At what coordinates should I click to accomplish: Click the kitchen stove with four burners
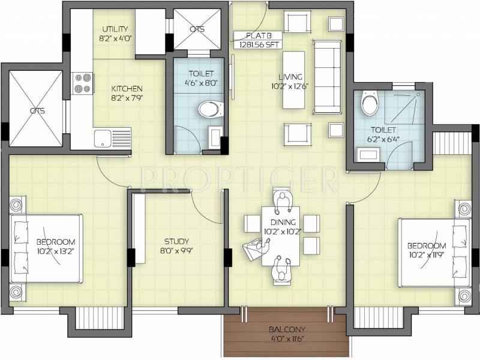[82, 83]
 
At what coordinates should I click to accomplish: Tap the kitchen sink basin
[103, 139]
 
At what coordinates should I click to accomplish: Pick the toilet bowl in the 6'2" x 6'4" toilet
[370, 103]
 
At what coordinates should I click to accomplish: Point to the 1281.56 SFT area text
[257, 44]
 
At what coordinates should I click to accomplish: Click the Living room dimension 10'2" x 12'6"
[290, 86]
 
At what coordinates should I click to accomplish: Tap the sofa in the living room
[327, 77]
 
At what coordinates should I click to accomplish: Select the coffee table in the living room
[293, 80]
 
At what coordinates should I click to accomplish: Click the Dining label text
[283, 222]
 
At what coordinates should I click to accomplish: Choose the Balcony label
[287, 329]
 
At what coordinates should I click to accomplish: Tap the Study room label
[176, 241]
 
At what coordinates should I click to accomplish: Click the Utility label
[115, 29]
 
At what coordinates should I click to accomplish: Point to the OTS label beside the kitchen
[37, 110]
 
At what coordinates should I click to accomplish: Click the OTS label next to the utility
[197, 29]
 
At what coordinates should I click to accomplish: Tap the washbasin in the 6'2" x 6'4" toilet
[368, 154]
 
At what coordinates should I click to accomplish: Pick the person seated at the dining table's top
[282, 202]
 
